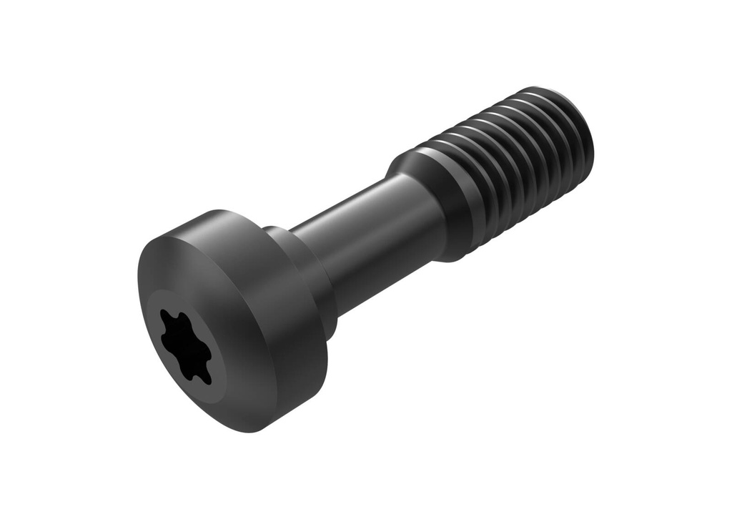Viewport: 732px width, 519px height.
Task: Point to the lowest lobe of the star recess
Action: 205,378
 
